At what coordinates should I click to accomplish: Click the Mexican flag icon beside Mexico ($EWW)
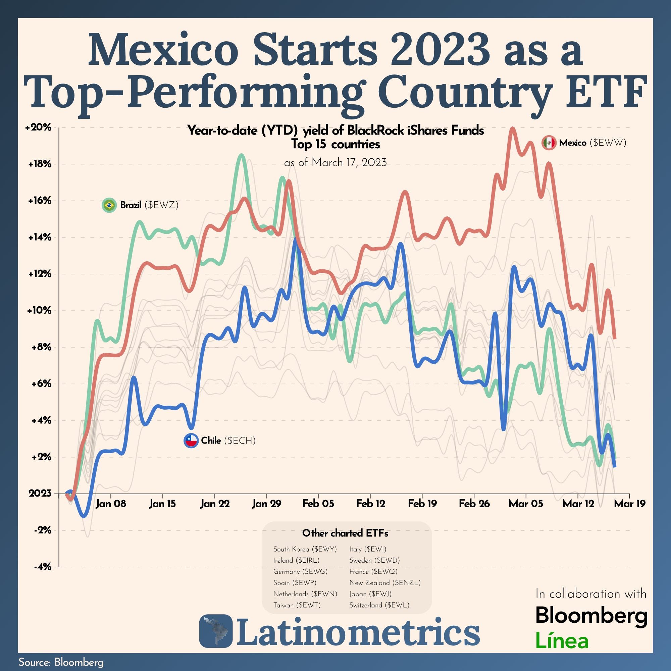[549, 143]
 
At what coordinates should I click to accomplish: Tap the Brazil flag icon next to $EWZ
[109, 205]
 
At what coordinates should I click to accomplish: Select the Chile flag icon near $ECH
[191, 441]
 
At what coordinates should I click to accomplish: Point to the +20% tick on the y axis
[38, 127]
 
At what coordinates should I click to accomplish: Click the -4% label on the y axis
[42, 567]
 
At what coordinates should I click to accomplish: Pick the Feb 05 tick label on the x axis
[318, 504]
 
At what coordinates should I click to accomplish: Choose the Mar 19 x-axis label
[629, 504]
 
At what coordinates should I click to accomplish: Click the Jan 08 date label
[111, 504]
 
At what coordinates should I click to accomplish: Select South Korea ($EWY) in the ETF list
[305, 549]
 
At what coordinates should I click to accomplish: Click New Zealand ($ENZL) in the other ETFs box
[385, 582]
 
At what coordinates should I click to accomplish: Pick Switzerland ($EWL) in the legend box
[379, 605]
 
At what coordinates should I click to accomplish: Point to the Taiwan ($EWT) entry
[297, 605]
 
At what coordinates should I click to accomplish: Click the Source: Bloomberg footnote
[61, 662]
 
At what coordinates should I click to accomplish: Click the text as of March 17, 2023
[335, 162]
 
